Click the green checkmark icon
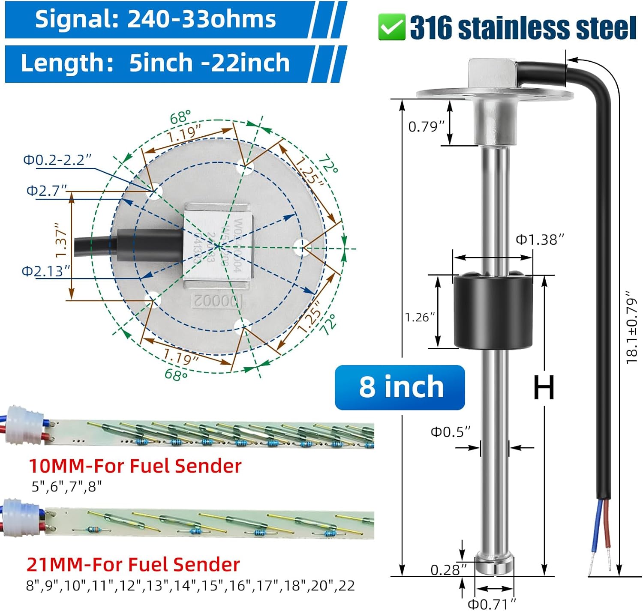pyautogui.click(x=391, y=27)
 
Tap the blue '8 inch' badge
pyautogui.click(x=400, y=387)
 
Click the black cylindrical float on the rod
pyautogui.click(x=493, y=311)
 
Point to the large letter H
pyautogui.click(x=544, y=387)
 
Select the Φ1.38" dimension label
pyautogui.click(x=539, y=240)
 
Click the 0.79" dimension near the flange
pyautogui.click(x=426, y=127)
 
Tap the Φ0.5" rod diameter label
pyautogui.click(x=450, y=431)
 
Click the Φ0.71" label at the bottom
pyautogui.click(x=491, y=604)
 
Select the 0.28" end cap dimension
pyautogui.click(x=448, y=570)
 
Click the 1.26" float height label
pyautogui.click(x=420, y=317)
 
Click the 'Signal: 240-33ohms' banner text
pyautogui.click(x=155, y=20)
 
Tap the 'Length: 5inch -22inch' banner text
pyautogui.click(x=155, y=63)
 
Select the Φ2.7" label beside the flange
pyautogui.click(x=47, y=190)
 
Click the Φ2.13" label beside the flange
pyautogui.click(x=45, y=271)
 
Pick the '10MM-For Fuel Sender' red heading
pyautogui.click(x=135, y=466)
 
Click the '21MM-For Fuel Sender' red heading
pyautogui.click(x=133, y=565)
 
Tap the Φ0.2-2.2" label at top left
pyautogui.click(x=57, y=160)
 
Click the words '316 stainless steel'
pyautogui.click(x=522, y=28)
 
